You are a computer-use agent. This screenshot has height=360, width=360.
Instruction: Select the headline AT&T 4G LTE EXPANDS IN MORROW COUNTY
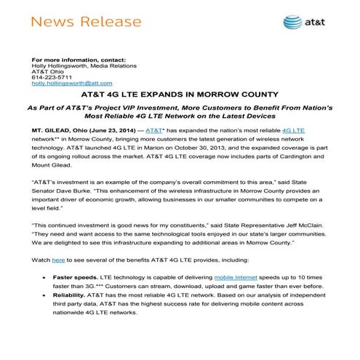(179, 95)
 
